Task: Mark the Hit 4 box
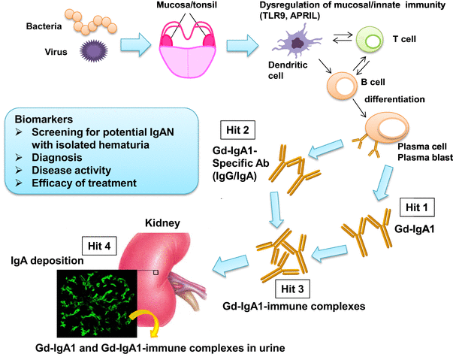pyautogui.click(x=93, y=246)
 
